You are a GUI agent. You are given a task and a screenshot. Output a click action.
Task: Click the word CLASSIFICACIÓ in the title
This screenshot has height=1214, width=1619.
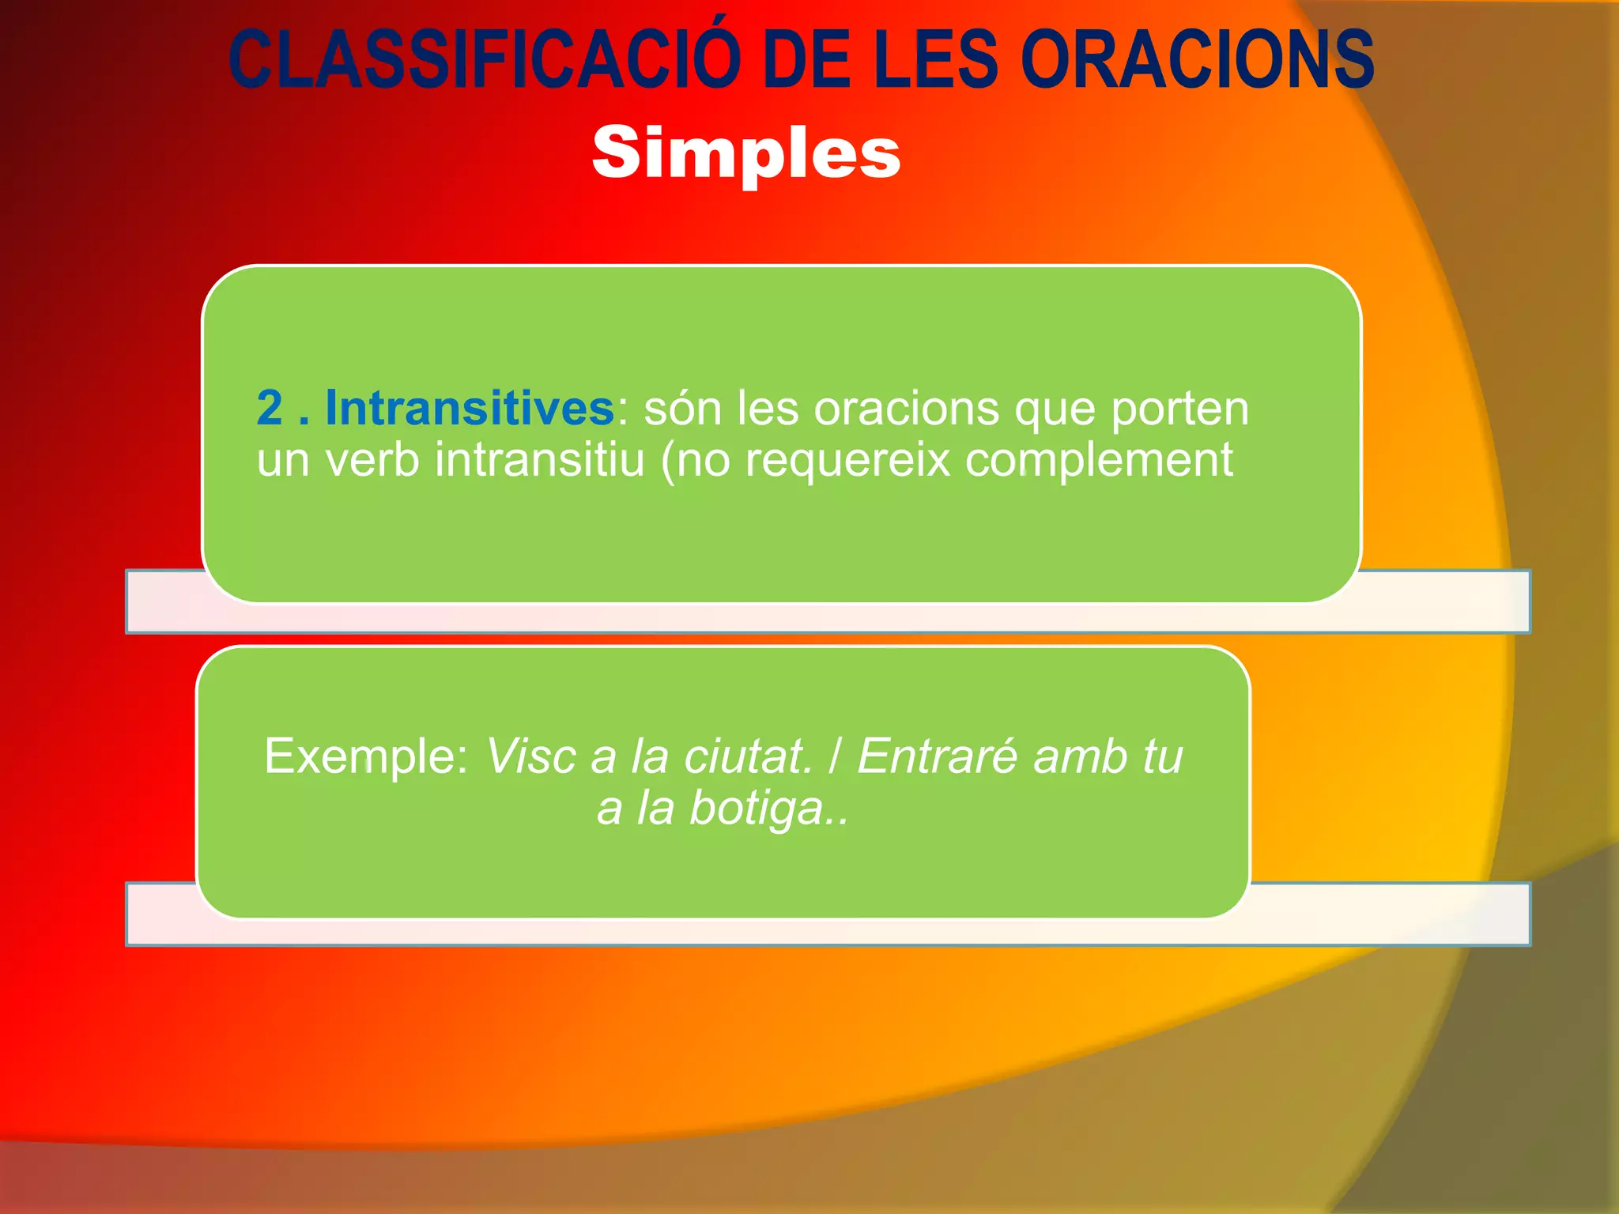pos(484,59)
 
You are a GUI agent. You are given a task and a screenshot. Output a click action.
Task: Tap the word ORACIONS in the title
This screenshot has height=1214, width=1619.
pos(1197,59)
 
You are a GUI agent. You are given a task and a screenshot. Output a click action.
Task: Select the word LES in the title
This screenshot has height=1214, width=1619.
pos(936,59)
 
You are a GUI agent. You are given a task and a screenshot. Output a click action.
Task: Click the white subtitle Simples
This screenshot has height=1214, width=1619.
pos(745,153)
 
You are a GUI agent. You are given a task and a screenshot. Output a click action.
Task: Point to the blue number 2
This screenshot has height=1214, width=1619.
pos(270,408)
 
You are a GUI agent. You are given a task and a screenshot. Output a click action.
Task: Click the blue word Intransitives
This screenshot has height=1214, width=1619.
pos(470,408)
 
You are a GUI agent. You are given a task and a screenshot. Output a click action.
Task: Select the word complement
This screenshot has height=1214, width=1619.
pos(1099,459)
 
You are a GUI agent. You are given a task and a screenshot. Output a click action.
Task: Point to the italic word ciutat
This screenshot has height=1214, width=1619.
pos(748,756)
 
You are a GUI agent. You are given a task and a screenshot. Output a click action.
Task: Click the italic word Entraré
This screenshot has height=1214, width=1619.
pos(938,756)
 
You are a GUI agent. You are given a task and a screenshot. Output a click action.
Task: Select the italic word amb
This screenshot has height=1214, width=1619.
pos(1081,756)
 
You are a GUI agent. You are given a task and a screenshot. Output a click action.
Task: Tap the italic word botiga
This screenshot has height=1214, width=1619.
pos(757,808)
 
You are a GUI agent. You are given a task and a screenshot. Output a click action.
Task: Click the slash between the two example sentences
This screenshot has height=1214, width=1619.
pos(835,756)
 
